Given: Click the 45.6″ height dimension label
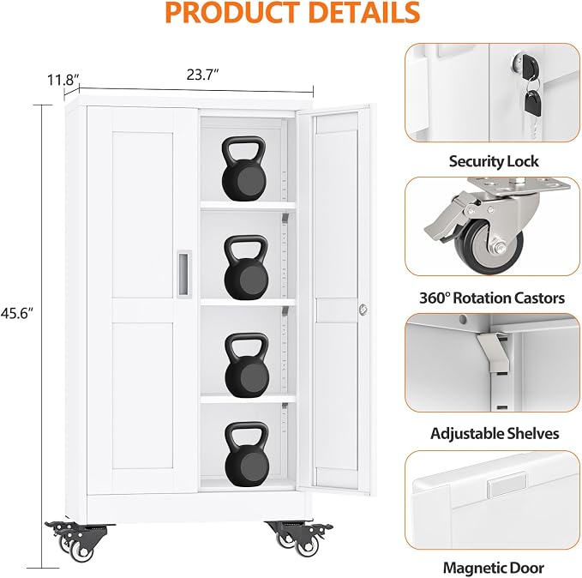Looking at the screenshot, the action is (16, 314).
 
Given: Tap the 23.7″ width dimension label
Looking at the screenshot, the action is (201, 75).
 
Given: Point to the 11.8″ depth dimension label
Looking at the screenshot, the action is (63, 80).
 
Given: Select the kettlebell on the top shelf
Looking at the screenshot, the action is (244, 169).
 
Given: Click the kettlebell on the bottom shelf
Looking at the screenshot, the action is (247, 453).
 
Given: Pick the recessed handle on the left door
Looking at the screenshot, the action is (183, 273).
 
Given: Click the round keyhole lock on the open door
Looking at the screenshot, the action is (363, 309).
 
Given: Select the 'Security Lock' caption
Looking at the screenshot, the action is (494, 161).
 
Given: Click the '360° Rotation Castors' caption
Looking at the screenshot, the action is (492, 298).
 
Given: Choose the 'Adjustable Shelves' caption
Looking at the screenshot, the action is (495, 434).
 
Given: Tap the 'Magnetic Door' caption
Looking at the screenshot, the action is (494, 568).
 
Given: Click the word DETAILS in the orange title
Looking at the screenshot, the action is (363, 12).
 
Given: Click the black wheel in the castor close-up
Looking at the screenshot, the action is (489, 246).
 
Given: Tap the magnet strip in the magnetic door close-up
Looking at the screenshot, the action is (507, 484).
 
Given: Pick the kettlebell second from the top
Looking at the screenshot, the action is (246, 268).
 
